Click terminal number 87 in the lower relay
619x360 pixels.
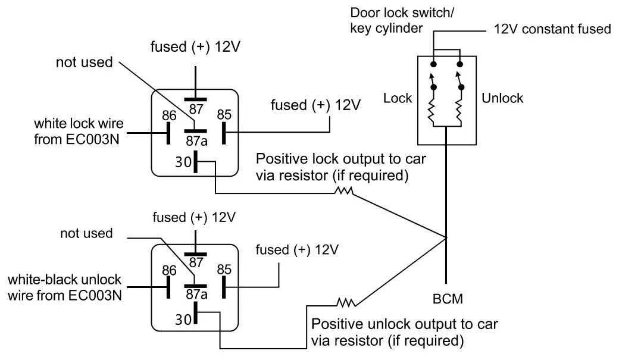[196, 262]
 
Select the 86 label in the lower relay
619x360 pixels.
[169, 271]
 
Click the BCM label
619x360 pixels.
[448, 299]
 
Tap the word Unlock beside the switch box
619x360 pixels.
[502, 98]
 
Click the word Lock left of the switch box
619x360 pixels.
[398, 98]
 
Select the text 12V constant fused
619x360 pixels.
[552, 29]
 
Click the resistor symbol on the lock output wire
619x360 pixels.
[343, 192]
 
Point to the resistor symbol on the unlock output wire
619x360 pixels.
[346, 302]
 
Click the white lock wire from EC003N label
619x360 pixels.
[79, 132]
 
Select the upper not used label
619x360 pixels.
[84, 62]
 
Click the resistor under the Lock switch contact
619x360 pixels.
[434, 110]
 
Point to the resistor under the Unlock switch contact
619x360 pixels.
[459, 110]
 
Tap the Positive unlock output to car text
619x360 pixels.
[405, 325]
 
